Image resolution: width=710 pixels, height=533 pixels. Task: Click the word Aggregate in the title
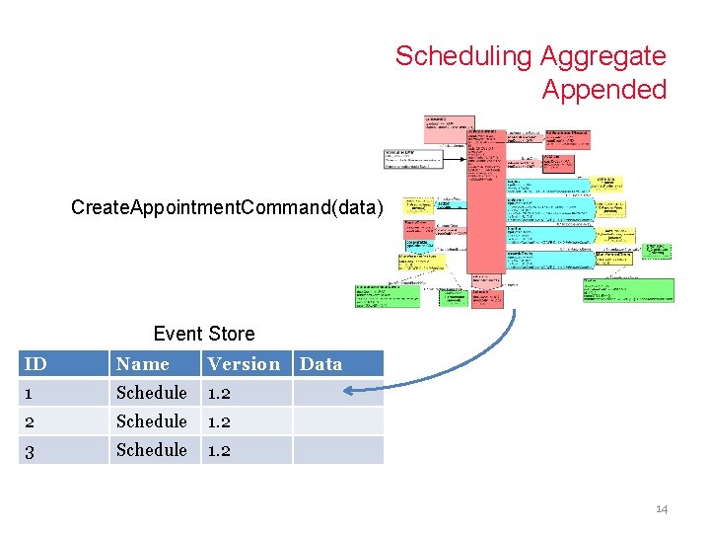click(603, 56)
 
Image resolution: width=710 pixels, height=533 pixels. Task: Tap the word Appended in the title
click(603, 90)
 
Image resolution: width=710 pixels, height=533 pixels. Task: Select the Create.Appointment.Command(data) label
click(227, 207)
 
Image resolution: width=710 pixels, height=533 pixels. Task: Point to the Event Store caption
click(204, 334)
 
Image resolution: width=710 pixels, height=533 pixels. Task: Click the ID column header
click(35, 364)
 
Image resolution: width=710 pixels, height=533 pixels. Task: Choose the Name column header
click(143, 364)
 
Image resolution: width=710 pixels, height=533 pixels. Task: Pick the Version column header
click(244, 364)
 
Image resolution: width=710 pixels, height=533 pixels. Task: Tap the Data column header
click(321, 364)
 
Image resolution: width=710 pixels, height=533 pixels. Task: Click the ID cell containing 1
click(30, 393)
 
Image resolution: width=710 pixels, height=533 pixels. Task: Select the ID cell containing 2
click(30, 421)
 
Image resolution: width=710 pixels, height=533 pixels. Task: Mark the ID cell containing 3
click(30, 450)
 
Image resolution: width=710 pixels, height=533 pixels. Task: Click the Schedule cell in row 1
click(152, 393)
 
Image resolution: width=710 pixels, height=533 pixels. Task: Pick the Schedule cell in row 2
click(152, 421)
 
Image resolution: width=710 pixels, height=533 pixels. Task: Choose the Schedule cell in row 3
click(152, 450)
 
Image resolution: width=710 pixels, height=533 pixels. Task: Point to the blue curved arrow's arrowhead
click(347, 394)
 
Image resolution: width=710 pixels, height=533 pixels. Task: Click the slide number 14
click(661, 509)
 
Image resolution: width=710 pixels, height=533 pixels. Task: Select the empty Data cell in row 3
click(337, 450)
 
